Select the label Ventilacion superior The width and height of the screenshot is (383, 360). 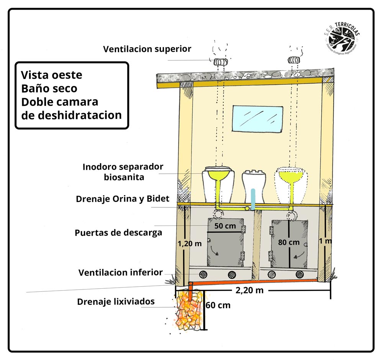pos(147,49)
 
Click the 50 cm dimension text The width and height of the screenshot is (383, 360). pos(225,226)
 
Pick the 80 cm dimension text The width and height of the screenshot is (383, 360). pos(289,242)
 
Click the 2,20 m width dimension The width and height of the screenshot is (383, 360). pos(249,290)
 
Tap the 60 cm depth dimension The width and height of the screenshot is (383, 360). pos(218,306)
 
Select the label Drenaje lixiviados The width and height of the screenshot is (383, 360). pos(116,302)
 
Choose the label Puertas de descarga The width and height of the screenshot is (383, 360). pos(118,232)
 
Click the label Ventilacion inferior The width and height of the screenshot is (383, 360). pos(120,273)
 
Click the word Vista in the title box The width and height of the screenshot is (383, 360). pos(37,74)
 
